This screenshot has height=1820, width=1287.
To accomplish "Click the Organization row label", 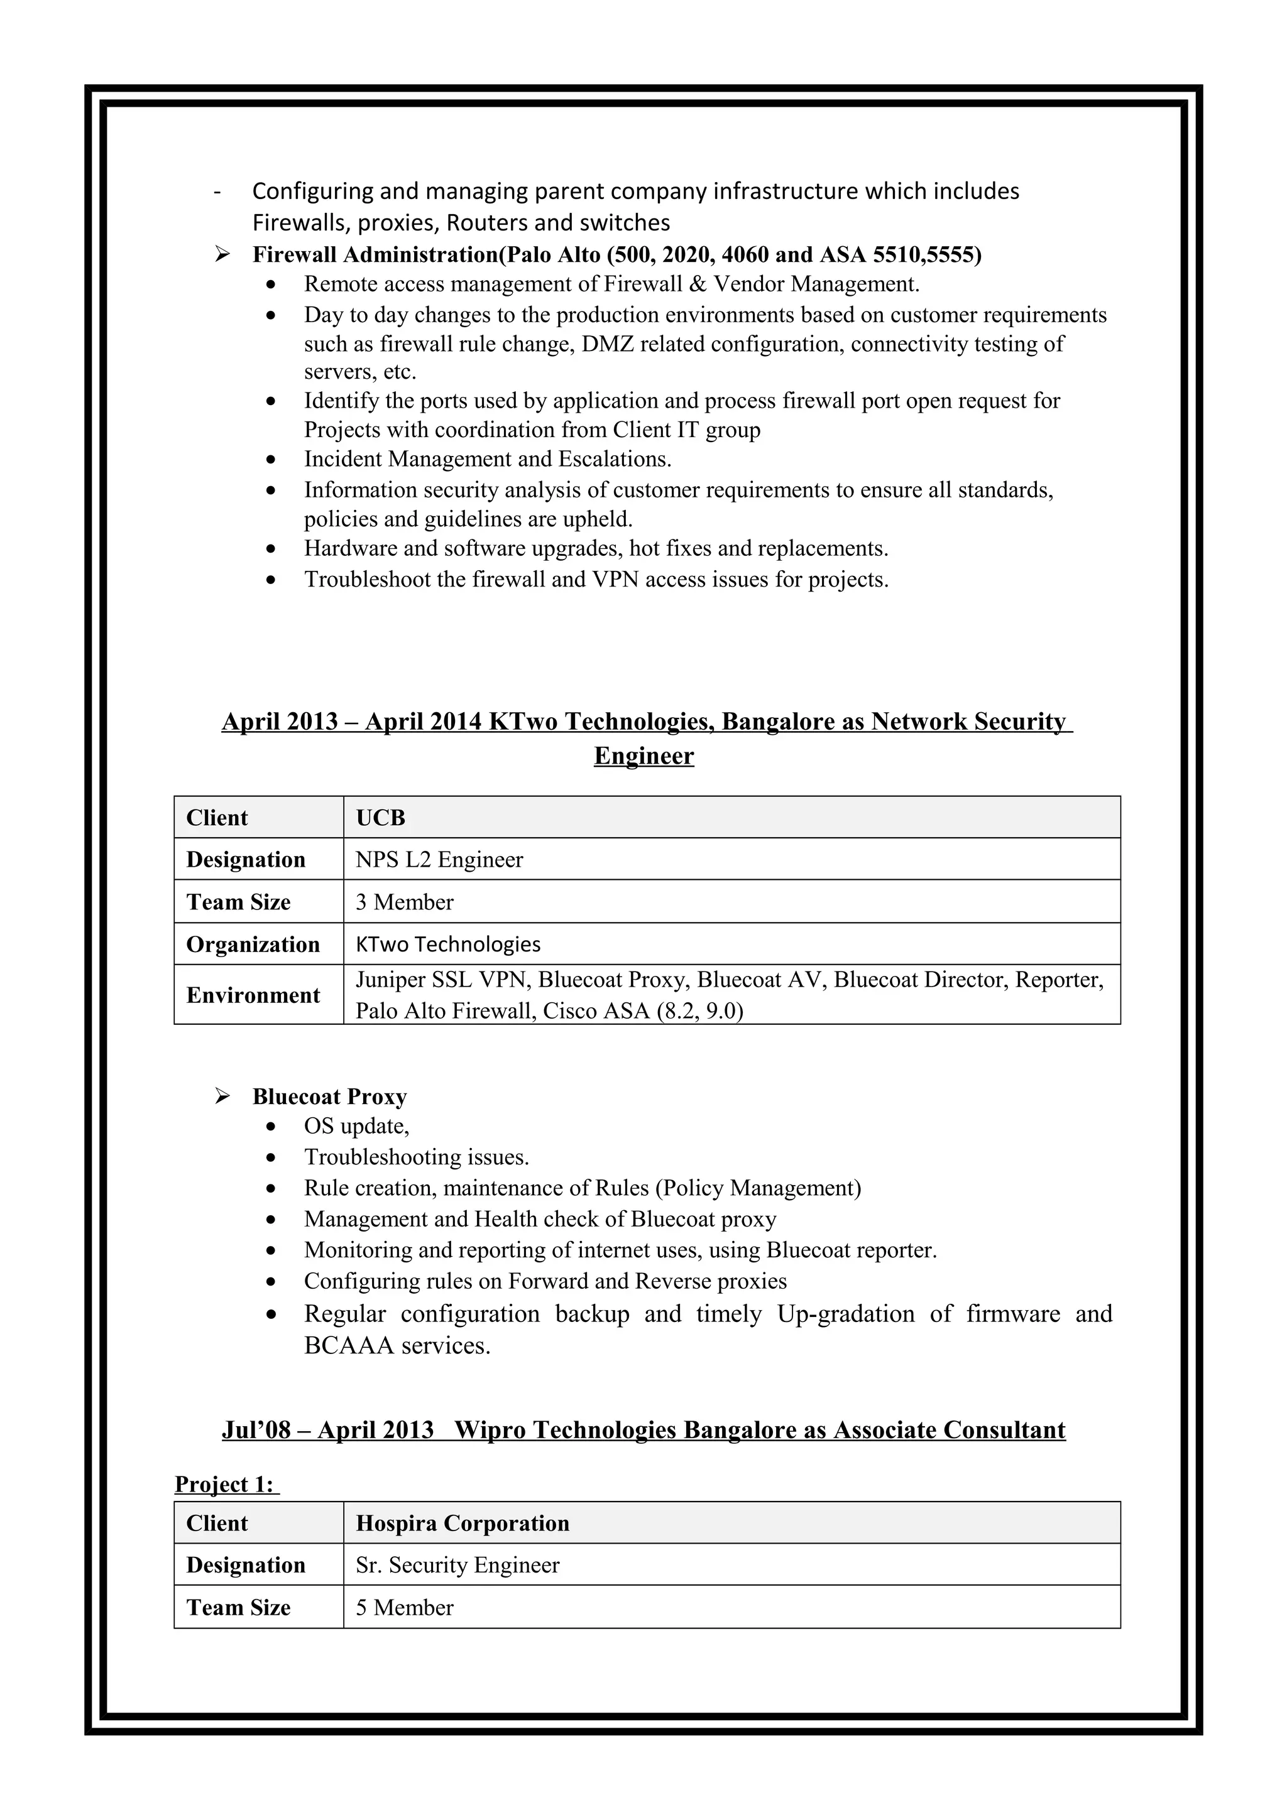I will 253,944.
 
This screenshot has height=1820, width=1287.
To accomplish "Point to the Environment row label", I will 253,995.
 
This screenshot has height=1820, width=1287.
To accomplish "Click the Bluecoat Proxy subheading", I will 330,1097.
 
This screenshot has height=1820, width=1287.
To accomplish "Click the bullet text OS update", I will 356,1127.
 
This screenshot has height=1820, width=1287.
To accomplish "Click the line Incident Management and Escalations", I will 488,459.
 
